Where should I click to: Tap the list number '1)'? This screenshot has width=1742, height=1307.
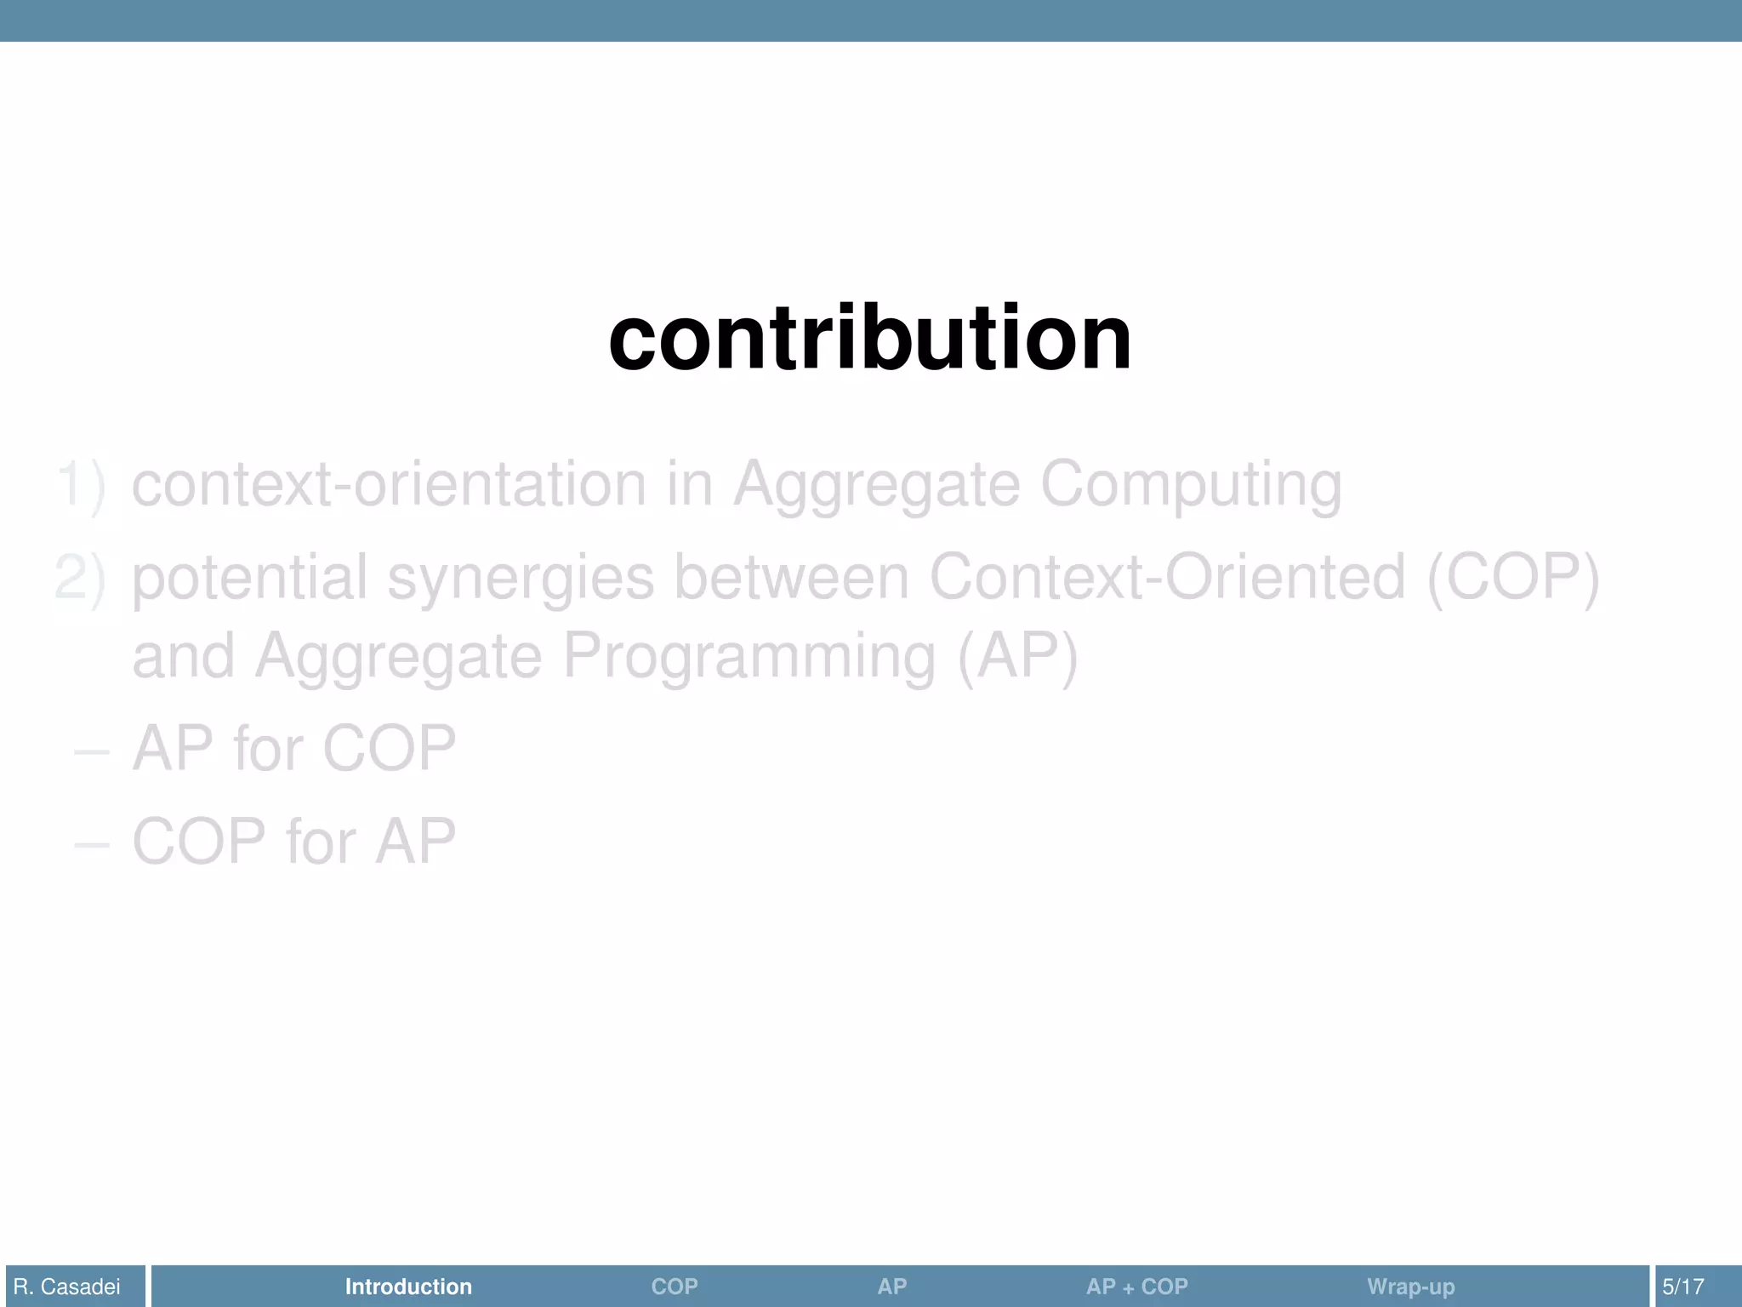point(81,485)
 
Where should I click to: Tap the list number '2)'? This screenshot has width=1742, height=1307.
point(81,578)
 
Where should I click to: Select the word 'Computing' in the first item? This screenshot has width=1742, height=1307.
point(1191,485)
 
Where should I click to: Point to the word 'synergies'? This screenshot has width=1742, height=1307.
point(521,578)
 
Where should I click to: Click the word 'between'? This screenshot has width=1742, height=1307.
point(791,578)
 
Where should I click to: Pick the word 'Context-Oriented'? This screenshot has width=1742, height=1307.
point(1166,578)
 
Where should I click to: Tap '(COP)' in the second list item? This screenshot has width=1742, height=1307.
point(1513,578)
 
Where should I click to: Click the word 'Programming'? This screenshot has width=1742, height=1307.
point(749,657)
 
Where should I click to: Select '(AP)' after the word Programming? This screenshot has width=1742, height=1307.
point(1017,657)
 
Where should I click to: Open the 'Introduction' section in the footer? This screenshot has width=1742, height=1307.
point(408,1287)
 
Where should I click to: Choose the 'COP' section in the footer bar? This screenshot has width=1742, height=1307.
point(675,1287)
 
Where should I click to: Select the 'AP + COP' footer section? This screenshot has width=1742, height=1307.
point(1136,1287)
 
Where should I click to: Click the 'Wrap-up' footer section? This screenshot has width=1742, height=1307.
point(1410,1287)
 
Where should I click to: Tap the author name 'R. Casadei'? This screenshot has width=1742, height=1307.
point(67,1287)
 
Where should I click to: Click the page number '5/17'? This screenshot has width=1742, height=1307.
point(1683,1287)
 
